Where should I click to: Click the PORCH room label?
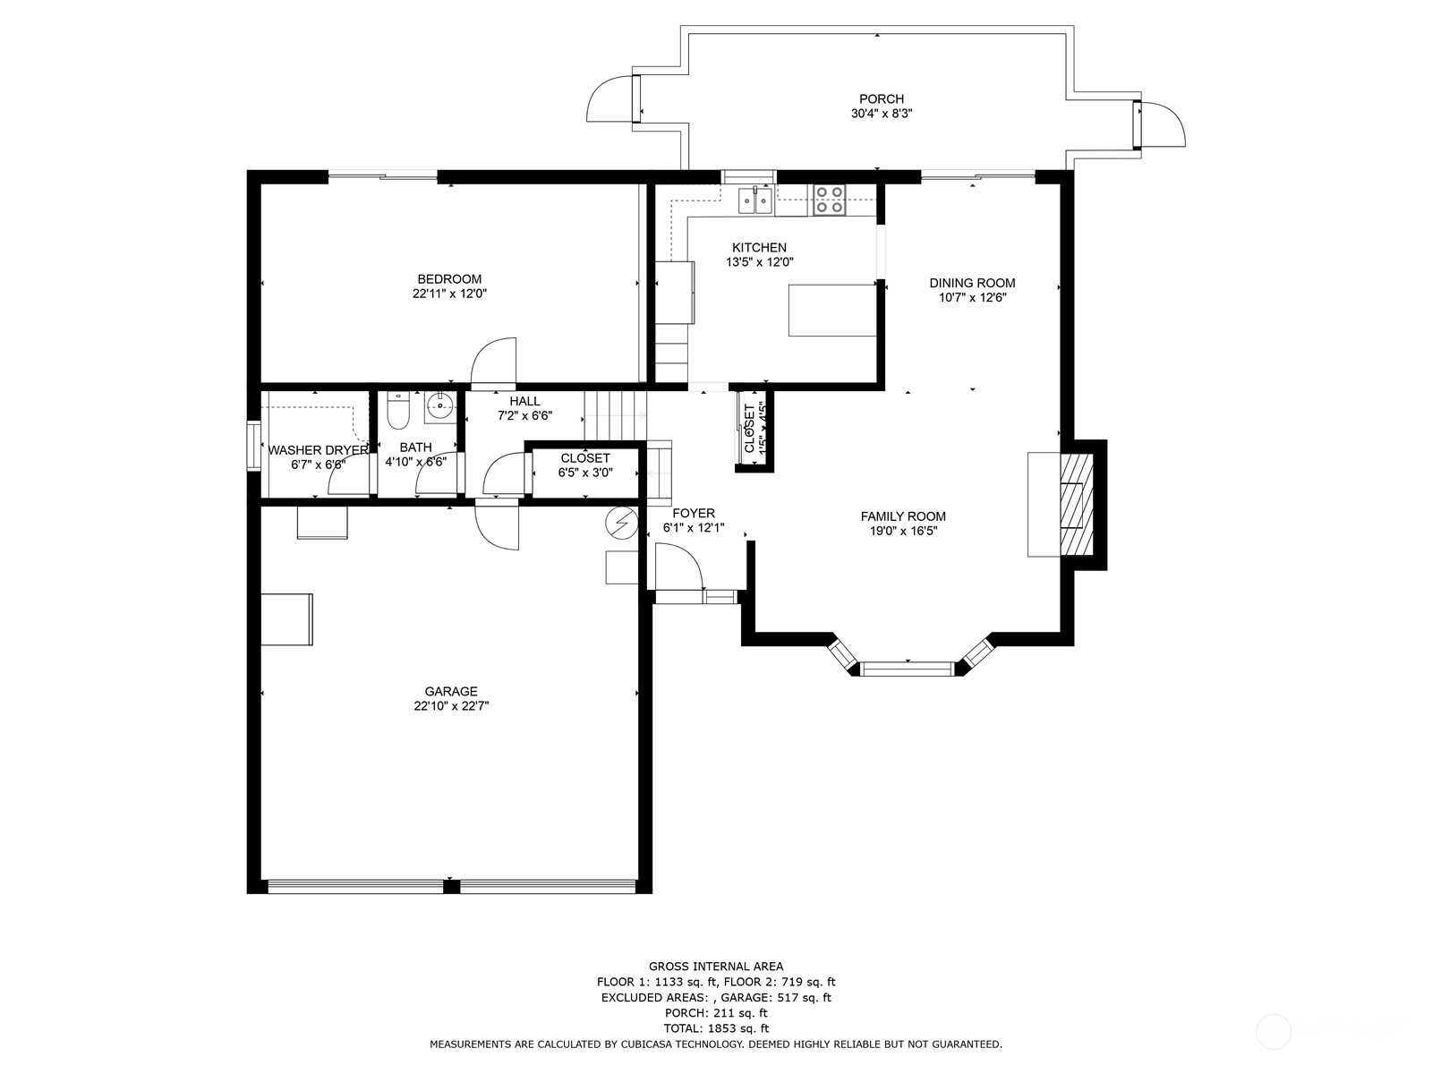click(881, 98)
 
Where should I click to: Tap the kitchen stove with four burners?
click(829, 199)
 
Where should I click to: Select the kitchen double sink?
click(756, 200)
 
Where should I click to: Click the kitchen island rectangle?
click(831, 310)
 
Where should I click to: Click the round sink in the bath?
click(439, 406)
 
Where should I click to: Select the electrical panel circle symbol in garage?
click(619, 522)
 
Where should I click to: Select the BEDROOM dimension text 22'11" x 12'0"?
click(449, 294)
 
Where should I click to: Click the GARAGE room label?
click(451, 691)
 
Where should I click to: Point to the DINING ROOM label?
click(972, 283)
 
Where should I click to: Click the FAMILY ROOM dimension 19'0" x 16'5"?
click(903, 531)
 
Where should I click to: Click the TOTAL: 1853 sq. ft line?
click(715, 1028)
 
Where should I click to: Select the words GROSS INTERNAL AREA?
click(715, 966)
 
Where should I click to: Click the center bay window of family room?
click(908, 667)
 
